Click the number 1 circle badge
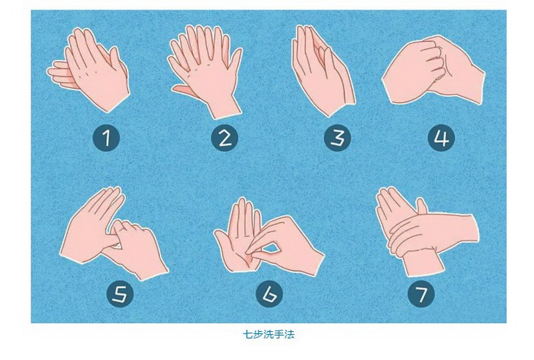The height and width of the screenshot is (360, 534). click(106, 138)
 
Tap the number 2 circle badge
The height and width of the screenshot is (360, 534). click(224, 138)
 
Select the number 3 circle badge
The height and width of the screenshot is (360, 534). click(337, 138)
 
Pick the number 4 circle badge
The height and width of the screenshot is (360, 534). click(441, 138)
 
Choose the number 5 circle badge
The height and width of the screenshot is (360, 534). click(120, 294)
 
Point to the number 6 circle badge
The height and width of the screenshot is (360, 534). click(269, 294)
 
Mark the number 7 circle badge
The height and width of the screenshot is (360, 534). click(422, 294)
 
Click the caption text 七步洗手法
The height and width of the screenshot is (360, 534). click(268, 335)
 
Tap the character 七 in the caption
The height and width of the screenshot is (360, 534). click(248, 335)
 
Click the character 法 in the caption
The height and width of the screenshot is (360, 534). click(290, 335)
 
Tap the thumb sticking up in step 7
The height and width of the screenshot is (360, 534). click(423, 206)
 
